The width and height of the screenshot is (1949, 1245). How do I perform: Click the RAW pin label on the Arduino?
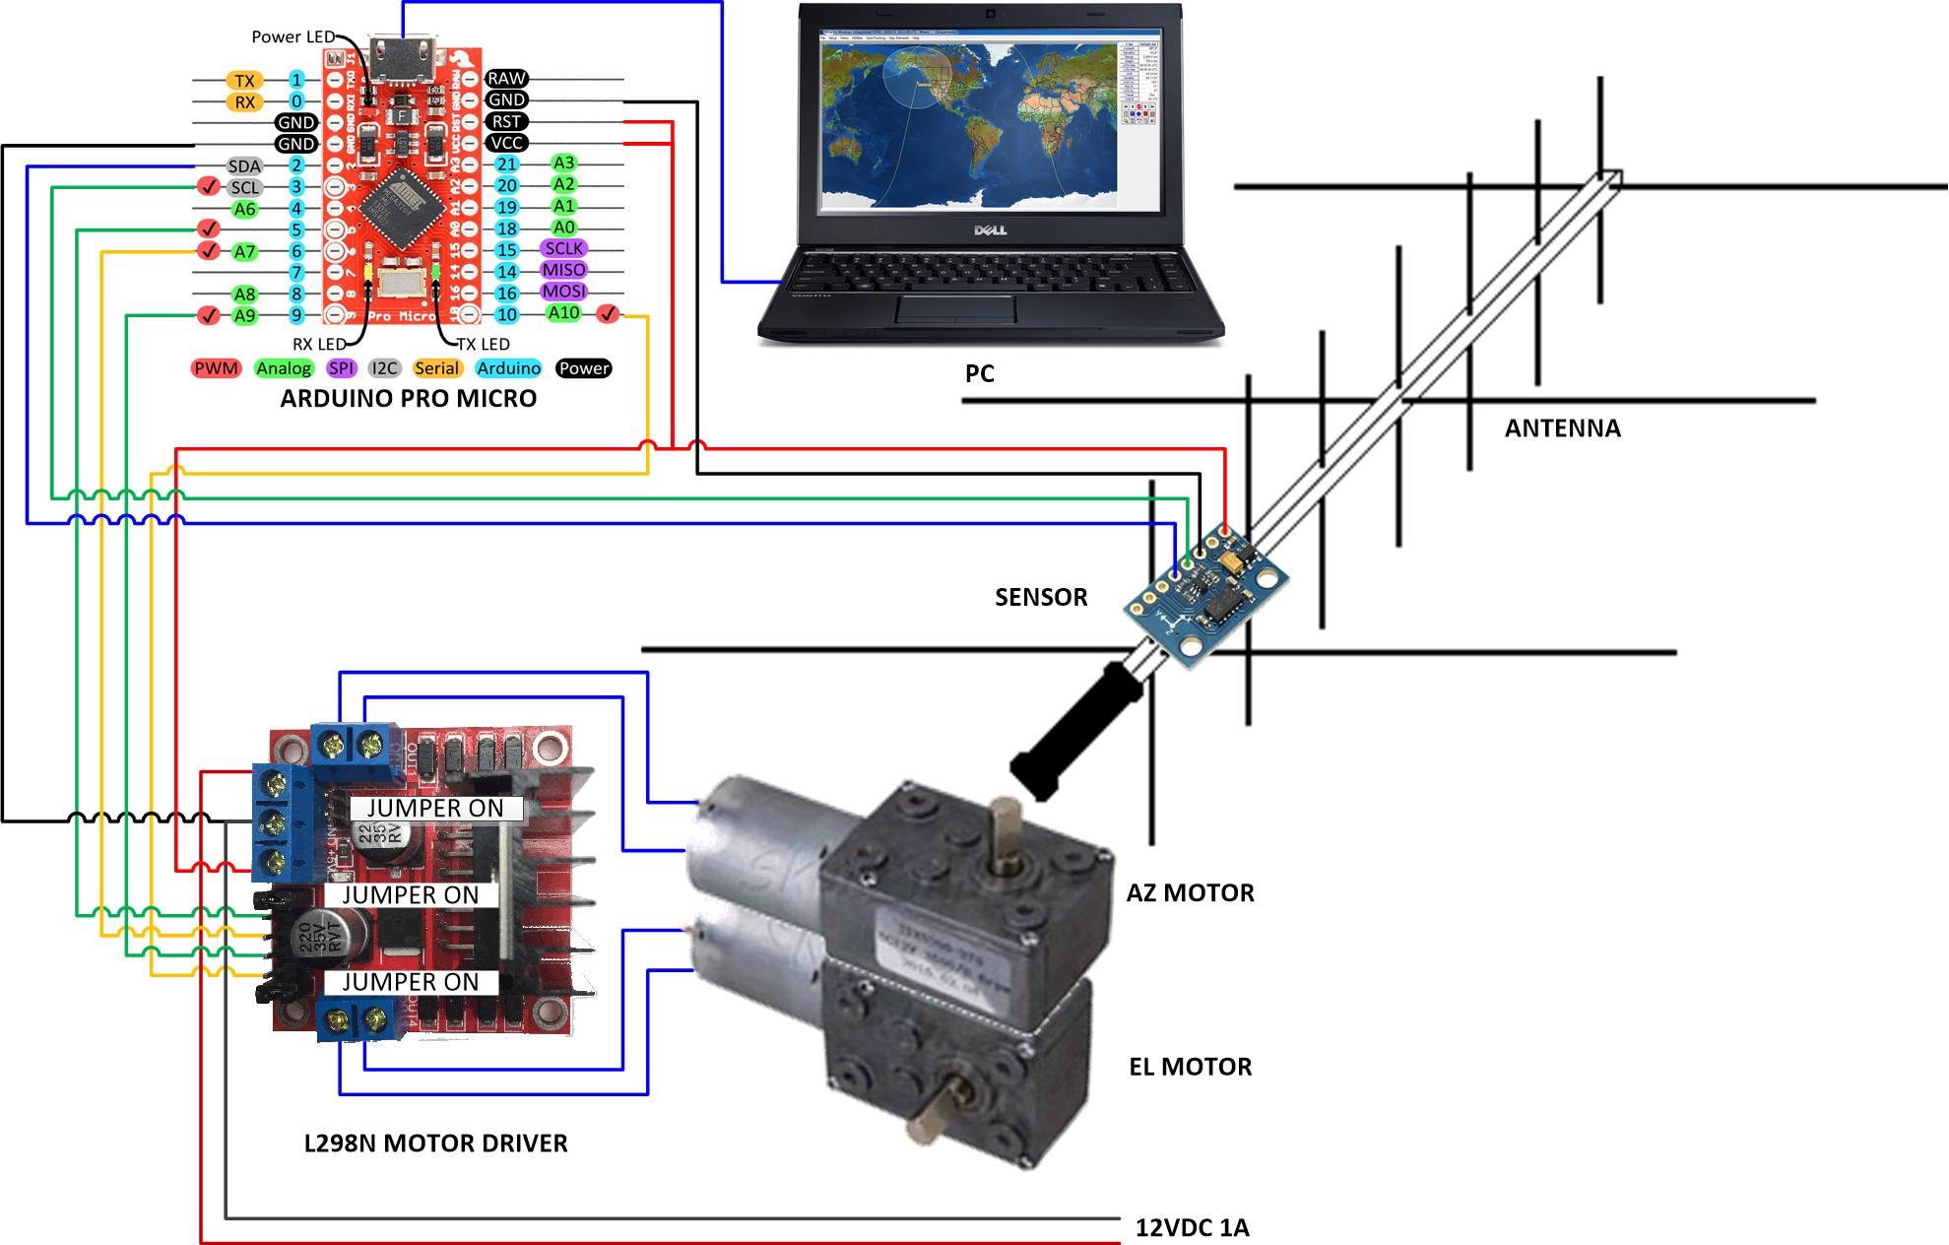pos(506,79)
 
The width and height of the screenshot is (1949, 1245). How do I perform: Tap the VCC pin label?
pos(506,143)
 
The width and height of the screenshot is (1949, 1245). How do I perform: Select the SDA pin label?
pos(244,166)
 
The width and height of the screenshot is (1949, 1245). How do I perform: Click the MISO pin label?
pos(563,270)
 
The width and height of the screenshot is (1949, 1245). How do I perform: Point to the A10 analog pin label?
pos(563,313)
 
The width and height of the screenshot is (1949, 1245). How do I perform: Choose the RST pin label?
pos(506,121)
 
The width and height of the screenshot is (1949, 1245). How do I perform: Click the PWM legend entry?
pos(216,368)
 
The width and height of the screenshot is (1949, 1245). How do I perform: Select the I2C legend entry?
pos(384,368)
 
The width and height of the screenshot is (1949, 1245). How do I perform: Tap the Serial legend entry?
pos(437,368)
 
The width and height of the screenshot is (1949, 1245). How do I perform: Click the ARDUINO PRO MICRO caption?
pos(409,399)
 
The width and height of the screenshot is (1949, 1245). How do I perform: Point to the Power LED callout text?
pos(292,36)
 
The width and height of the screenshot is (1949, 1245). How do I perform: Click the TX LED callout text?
pos(483,344)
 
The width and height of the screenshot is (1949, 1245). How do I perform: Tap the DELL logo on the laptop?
pos(989,229)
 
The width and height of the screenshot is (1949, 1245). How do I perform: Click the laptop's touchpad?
pos(955,308)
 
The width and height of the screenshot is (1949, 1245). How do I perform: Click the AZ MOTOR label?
pos(1190,893)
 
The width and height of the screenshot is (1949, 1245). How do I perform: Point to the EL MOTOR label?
pos(1190,1067)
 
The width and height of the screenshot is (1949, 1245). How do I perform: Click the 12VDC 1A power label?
pos(1192,1228)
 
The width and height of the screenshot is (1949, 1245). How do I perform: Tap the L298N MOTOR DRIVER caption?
pos(435,1144)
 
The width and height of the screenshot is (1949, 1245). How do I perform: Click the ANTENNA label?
pos(1562,428)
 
